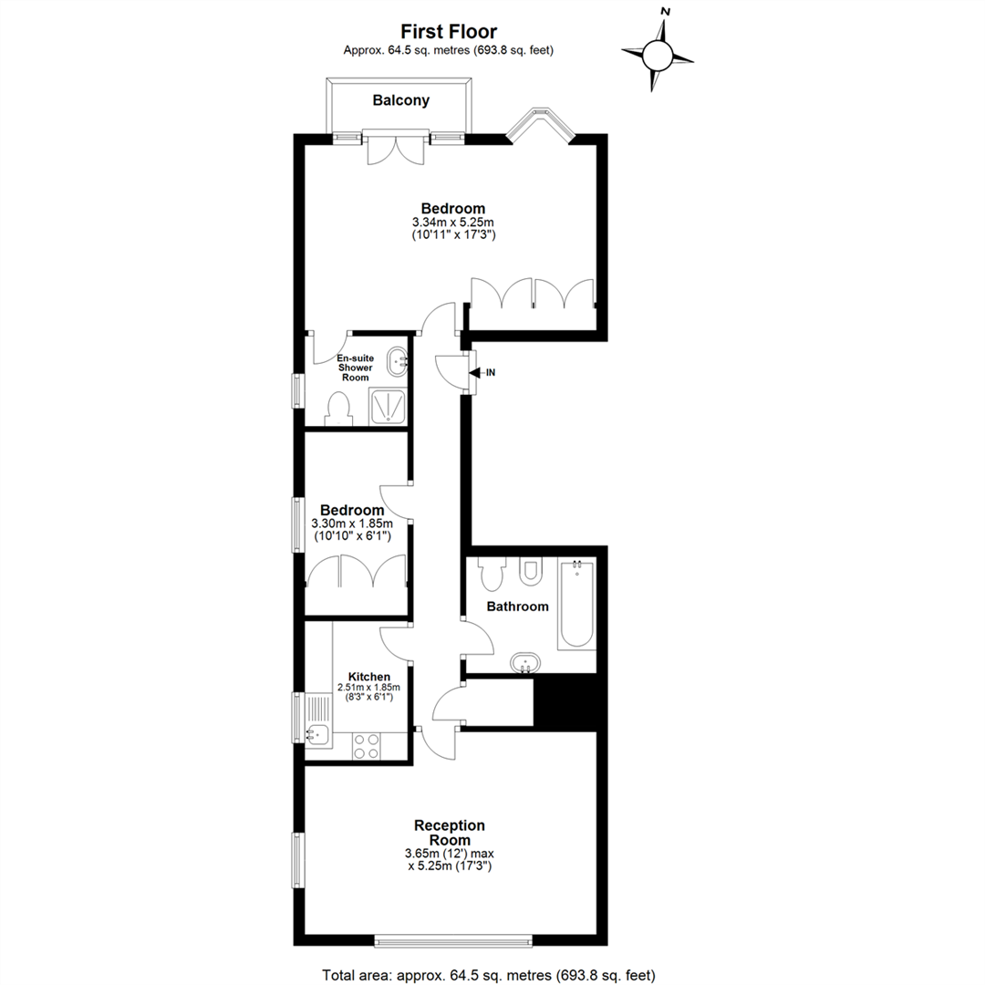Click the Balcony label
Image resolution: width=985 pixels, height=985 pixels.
pos(400,100)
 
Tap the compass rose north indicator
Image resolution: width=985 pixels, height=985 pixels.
pos(665,11)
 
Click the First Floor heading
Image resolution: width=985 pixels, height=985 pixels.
pos(449,31)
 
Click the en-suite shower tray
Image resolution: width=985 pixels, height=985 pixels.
pos(388,405)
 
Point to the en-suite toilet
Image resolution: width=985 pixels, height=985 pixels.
pos(338,409)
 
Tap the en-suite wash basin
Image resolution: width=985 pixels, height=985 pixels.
pos(399,362)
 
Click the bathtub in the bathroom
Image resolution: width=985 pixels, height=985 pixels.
pos(576,605)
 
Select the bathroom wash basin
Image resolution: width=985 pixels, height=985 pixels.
pos(525,662)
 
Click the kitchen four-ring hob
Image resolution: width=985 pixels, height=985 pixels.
pos(367,746)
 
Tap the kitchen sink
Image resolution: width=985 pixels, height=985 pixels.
pos(319,733)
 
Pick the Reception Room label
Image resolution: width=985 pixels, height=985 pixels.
pos(449,833)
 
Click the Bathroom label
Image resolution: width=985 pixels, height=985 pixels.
pos(518,607)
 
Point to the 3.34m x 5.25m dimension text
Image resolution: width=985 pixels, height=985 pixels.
pos(453,223)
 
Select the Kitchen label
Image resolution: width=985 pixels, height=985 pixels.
pos(369,677)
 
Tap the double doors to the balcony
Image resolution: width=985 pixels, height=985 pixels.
pos(397,149)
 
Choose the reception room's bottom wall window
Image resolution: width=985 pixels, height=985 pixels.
pos(453,940)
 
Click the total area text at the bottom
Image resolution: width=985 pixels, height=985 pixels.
pos(489,975)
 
